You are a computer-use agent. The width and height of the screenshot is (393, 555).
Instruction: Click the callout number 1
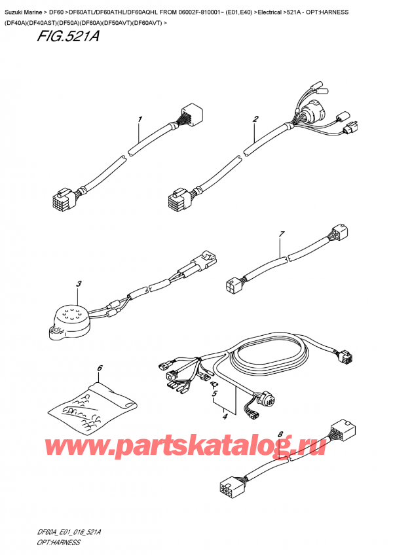(x=140, y=120)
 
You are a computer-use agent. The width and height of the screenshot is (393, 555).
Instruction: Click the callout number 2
(x=255, y=119)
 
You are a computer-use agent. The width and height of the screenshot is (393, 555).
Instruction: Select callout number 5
(x=213, y=394)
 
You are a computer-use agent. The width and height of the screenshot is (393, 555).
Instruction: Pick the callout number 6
(x=100, y=368)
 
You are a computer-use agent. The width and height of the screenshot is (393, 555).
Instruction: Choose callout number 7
(x=282, y=234)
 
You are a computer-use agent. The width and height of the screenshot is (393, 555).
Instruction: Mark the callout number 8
(x=280, y=434)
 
